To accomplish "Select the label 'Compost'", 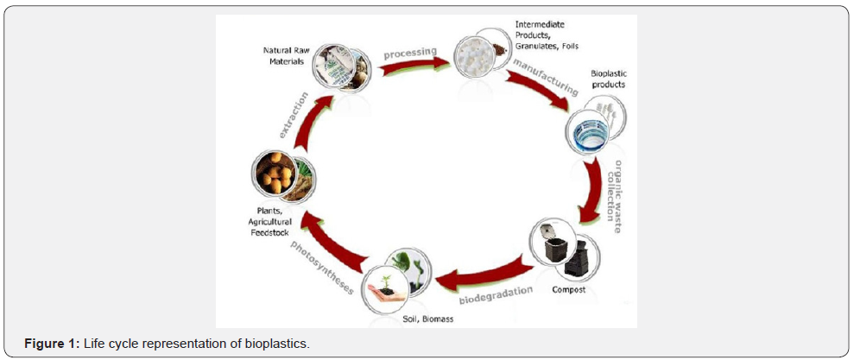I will click(x=569, y=289).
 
